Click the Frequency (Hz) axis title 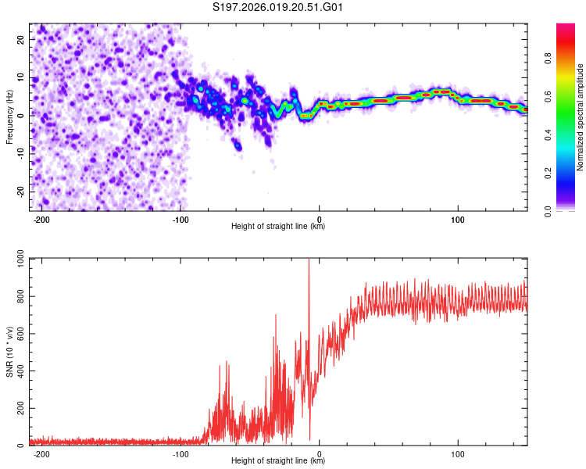pos(10,116)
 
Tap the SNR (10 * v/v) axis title pos(10,351)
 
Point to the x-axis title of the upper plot pos(278,226)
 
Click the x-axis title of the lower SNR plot pos(278,461)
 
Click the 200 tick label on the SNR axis pos(18,409)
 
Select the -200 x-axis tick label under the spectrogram pos(42,218)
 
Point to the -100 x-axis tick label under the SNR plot pos(180,453)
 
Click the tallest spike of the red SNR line pos(309,261)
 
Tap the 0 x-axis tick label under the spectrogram pos(319,218)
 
